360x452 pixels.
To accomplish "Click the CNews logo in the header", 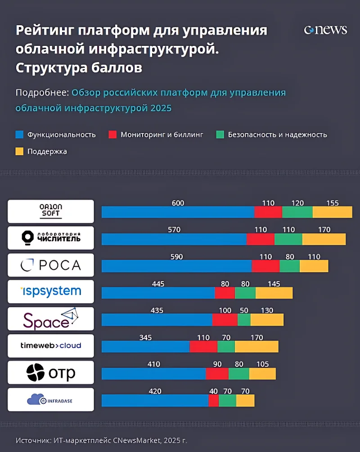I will [x=325, y=30].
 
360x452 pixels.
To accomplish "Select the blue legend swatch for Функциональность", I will [x=19, y=134].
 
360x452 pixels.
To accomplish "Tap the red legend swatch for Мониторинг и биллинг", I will [x=112, y=134].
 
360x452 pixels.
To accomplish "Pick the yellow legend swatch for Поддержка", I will [x=19, y=152].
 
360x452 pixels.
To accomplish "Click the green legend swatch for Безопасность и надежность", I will [x=220, y=134].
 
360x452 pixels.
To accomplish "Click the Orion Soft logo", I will [x=51, y=211].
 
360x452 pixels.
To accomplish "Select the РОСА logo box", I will [x=51, y=265].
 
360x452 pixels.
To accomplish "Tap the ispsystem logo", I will [x=51, y=291].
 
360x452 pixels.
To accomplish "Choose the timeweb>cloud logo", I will [x=51, y=345].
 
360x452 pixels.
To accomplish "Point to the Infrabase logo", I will [x=51, y=399].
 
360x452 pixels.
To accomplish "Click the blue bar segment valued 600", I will [x=178, y=212].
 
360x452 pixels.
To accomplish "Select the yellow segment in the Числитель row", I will [x=324, y=239].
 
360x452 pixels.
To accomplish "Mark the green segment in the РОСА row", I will [x=289, y=266].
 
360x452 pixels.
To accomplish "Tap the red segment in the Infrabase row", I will [x=213, y=400].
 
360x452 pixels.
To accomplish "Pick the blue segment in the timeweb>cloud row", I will [x=145, y=346].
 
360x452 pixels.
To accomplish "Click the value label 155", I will [x=333, y=203].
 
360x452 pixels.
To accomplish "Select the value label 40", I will [x=213, y=391].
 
